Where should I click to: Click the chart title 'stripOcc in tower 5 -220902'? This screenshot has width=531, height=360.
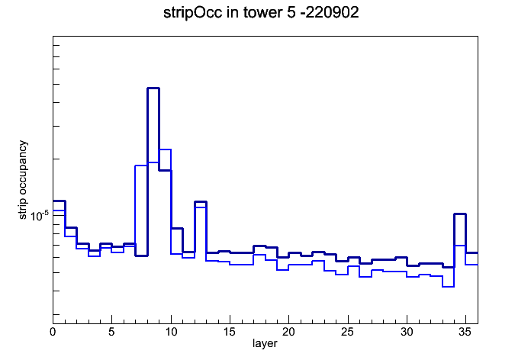coord(261,13)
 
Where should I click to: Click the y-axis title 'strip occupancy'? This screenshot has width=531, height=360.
coord(22,180)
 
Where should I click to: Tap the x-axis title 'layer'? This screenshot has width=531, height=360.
coord(265,343)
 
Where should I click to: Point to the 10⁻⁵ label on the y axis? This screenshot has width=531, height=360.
coord(40,215)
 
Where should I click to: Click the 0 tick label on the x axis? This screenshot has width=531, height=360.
coord(53,332)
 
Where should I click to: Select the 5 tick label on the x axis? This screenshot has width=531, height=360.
coord(111,332)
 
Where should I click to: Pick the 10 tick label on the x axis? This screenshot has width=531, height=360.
coord(171,332)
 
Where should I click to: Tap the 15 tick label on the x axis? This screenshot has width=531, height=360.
coord(230,332)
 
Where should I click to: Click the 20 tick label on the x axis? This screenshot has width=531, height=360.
coord(288,332)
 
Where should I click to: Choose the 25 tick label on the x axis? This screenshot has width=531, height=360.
coord(347,332)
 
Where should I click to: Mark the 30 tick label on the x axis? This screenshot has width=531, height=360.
coord(407,332)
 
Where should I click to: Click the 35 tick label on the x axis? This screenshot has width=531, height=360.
coord(465,332)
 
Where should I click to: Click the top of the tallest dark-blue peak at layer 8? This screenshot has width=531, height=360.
coord(153,88)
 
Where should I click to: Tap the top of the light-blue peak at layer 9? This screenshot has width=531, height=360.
coord(165,149)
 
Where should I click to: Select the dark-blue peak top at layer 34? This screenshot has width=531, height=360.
coord(460,214)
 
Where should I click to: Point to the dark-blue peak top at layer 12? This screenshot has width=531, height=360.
coord(201,202)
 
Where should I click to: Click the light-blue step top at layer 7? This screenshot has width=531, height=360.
coord(141,166)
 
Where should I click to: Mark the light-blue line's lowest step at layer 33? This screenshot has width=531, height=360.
coord(448,287)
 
